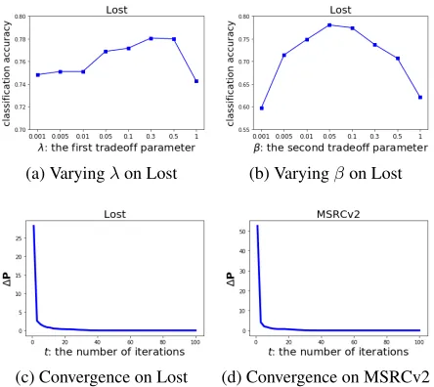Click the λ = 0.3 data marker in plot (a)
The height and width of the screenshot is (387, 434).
151,38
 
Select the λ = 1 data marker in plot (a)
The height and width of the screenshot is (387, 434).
196,81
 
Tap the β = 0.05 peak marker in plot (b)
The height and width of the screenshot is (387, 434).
329,25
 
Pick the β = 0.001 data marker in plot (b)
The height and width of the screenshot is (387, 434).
262,108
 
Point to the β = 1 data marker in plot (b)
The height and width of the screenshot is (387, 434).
420,97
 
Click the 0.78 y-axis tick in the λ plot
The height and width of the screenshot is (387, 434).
21,39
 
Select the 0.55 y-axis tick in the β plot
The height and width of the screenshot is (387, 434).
244,130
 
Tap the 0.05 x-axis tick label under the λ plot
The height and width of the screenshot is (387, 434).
106,137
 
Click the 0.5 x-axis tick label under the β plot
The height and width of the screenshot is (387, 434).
398,137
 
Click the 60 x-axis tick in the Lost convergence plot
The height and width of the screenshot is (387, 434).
130,342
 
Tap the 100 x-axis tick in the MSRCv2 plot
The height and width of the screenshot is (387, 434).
419,342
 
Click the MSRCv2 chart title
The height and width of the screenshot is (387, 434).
338,214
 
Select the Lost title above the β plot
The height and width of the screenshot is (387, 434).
340,10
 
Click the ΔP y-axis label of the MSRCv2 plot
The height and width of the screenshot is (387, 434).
231,279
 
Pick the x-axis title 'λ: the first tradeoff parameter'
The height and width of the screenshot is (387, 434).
116,148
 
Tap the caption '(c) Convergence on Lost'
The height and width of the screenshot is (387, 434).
102,377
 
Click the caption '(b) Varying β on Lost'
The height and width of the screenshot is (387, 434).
325,173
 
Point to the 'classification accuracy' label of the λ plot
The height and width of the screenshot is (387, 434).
7,74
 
